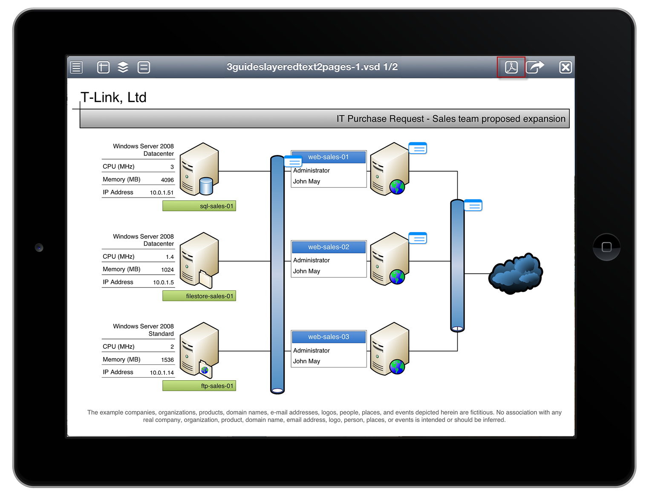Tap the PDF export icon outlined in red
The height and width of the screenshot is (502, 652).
[x=511, y=67]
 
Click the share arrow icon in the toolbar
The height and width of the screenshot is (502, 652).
[x=535, y=67]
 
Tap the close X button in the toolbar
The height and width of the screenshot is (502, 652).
[x=565, y=67]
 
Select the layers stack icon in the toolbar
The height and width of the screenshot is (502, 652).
[x=123, y=67]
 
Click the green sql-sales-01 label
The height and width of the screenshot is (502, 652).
[x=199, y=206]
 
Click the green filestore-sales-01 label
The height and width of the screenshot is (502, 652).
[x=199, y=296]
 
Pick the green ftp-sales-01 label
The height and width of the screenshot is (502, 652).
[x=199, y=386]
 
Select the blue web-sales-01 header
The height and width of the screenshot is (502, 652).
[x=329, y=157]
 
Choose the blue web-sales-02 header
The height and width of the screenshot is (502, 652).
[x=329, y=247]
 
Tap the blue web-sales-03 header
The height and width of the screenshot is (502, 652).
[x=329, y=337]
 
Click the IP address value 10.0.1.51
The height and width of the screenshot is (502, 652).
[x=162, y=192]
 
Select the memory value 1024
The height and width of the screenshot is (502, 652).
[x=167, y=270]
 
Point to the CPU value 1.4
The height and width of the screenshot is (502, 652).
[x=170, y=257]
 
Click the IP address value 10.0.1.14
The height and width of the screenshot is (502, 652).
[x=162, y=373]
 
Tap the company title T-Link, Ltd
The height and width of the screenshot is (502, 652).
[x=113, y=98]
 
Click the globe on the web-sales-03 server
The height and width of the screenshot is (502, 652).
[x=397, y=367]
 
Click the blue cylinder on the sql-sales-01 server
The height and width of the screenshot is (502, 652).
[x=206, y=186]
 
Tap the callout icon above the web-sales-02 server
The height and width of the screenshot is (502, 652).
[x=418, y=238]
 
